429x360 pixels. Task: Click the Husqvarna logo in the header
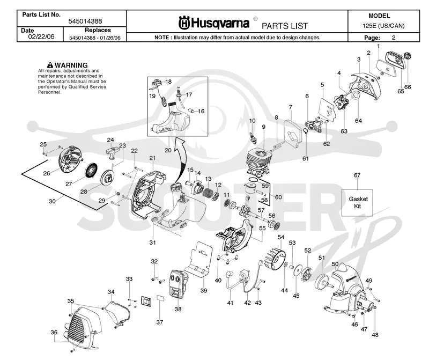coord(213,23)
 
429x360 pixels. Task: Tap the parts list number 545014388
coord(85,21)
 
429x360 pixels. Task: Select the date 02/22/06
coord(41,36)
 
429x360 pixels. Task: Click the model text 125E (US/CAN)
coord(383,26)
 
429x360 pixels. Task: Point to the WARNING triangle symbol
coord(50,65)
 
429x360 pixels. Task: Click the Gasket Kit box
coord(357,203)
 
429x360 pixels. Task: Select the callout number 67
coord(357,175)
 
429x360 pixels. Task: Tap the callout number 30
coord(52,201)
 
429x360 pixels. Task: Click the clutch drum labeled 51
coord(323,280)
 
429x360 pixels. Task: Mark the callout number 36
coord(54,332)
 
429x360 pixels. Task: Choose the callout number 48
coord(375,335)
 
